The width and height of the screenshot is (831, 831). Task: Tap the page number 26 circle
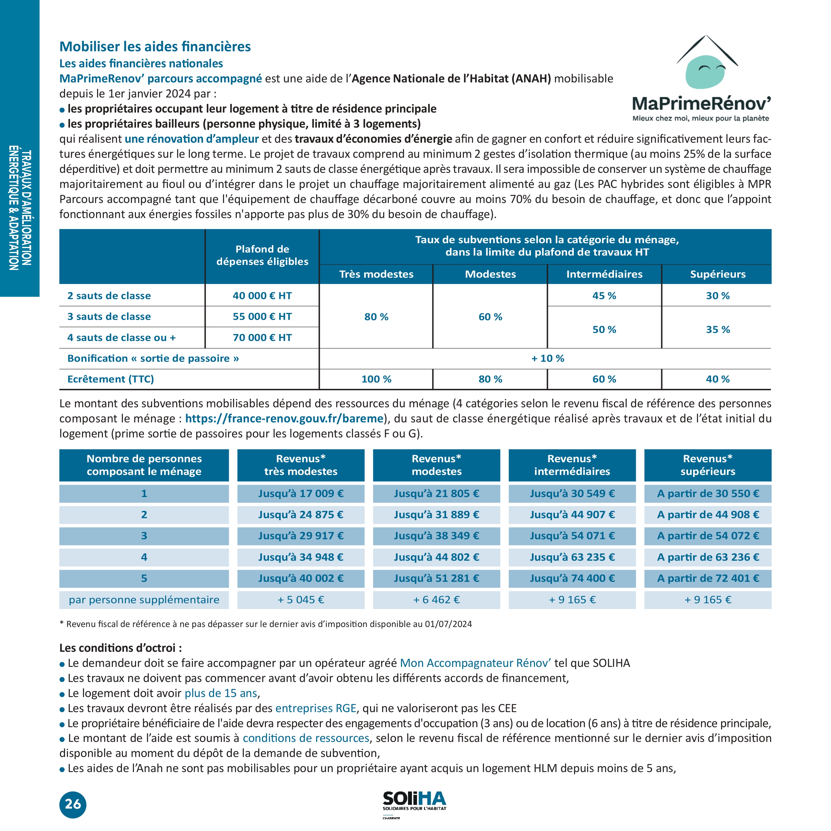[x=73, y=804]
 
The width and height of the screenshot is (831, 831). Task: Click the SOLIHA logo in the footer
[x=414, y=801]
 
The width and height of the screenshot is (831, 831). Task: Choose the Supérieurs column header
[x=717, y=274]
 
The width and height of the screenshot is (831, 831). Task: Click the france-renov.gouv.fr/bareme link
[x=284, y=418]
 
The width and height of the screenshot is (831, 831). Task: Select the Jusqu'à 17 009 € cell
[x=301, y=493]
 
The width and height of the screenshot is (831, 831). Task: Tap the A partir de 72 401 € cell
[x=707, y=578]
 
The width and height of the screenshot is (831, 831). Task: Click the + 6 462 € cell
[x=436, y=600]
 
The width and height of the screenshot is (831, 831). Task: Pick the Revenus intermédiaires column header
[x=572, y=465]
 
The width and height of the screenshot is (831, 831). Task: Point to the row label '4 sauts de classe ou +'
[x=121, y=338]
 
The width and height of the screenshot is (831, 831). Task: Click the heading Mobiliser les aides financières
[x=155, y=47]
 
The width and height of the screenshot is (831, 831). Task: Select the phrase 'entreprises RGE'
[x=316, y=708]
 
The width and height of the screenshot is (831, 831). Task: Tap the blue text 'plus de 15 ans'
[x=221, y=693]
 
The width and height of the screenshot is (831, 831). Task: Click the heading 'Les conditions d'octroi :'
[x=121, y=648]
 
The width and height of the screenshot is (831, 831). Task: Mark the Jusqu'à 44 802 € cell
[x=436, y=557]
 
